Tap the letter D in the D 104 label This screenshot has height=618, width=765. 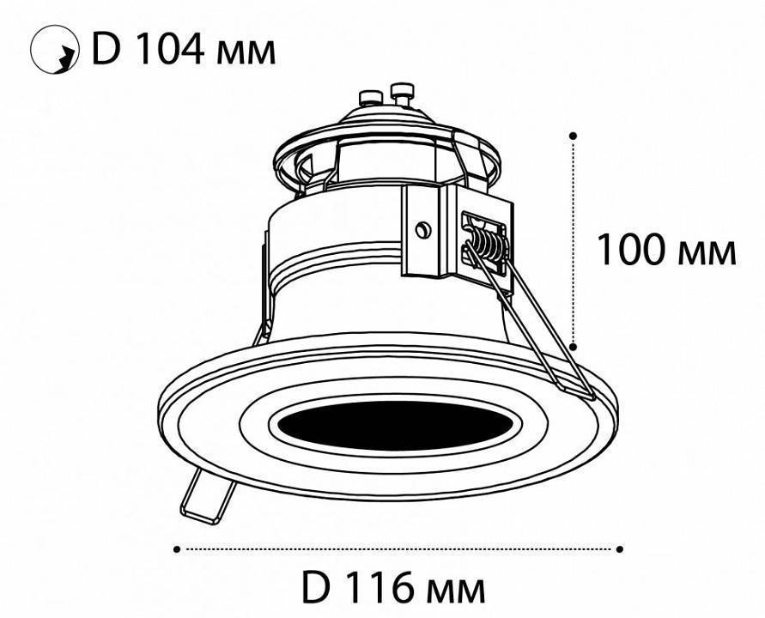coord(104,49)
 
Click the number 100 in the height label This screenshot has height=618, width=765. coord(633,250)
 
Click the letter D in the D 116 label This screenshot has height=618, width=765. coord(316,588)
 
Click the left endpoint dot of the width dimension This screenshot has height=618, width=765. coord(177,548)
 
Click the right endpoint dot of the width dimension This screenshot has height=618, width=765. coord(620,548)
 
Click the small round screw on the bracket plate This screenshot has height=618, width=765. coord(422,229)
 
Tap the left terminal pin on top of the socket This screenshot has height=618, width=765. coord(371,94)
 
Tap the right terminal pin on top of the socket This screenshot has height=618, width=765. coord(399,89)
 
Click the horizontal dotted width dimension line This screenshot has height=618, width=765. coord(398,548)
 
